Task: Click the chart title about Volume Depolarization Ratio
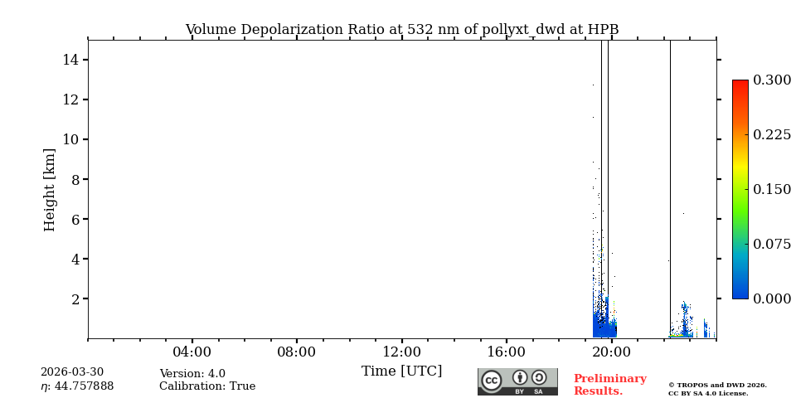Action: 401,30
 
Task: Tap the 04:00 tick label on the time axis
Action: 192,352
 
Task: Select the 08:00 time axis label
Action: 296,352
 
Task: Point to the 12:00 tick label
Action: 401,352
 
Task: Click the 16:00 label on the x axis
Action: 506,352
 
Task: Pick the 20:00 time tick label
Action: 611,352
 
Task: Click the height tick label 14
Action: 70,60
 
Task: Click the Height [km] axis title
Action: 50,189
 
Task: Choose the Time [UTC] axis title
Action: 401,371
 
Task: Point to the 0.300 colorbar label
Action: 772,80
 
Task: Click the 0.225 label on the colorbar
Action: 772,134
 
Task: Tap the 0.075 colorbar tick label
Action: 772,244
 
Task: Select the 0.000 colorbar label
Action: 772,298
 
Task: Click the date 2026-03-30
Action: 72,372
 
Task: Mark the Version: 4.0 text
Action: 192,374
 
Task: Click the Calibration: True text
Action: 207,386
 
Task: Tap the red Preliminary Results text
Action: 609,385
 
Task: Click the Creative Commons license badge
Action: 517,381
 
